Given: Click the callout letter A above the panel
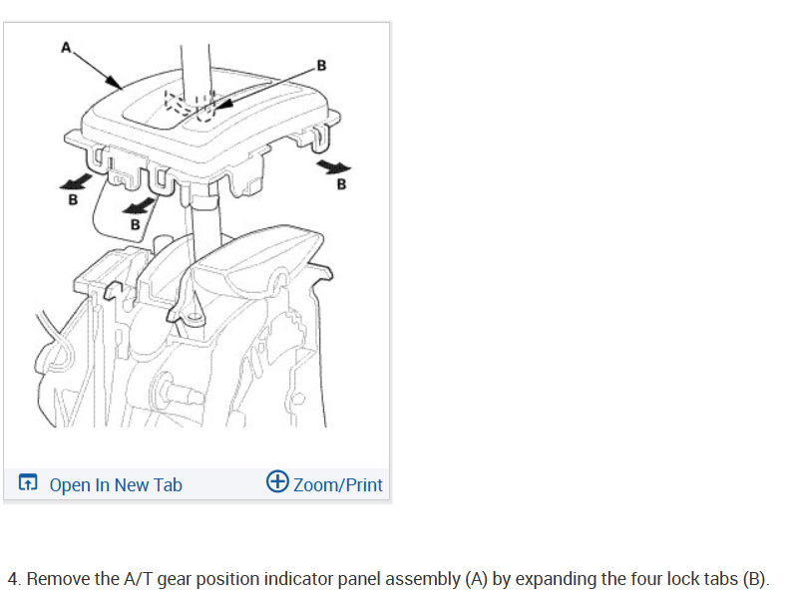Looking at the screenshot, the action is (x=67, y=46).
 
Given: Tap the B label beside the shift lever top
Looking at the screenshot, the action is (x=320, y=67).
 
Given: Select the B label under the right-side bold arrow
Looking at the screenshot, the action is (x=342, y=184).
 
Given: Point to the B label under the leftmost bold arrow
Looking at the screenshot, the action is (x=72, y=198).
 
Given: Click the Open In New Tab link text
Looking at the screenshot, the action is (x=116, y=485).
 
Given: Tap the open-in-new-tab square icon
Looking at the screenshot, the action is (x=29, y=484).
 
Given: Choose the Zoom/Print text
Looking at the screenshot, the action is (x=338, y=485).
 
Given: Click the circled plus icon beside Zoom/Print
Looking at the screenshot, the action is (x=278, y=482).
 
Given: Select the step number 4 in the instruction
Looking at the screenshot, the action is (x=12, y=579).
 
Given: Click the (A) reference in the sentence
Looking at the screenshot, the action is (x=477, y=579).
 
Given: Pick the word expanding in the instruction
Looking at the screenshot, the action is (x=555, y=579).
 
